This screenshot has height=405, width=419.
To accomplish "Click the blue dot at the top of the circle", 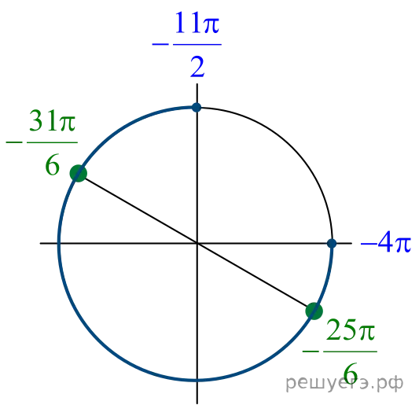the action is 197,108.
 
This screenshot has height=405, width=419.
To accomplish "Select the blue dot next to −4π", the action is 332,244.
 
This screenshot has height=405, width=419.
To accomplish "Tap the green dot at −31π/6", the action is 79,173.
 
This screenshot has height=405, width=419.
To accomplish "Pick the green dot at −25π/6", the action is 314,311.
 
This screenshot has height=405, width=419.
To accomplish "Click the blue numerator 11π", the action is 197,23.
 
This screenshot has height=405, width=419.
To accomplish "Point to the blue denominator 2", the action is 197,67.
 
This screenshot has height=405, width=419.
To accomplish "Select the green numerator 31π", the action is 53,120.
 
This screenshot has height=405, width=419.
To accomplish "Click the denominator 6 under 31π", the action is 52,165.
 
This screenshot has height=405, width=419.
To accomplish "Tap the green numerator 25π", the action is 351,329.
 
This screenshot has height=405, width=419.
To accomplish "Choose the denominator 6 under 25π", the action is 351,374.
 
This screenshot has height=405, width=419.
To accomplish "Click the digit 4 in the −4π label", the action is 386,243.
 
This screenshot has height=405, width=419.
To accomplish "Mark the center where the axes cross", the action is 197,243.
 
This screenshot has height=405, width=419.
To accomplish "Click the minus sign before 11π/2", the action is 160,44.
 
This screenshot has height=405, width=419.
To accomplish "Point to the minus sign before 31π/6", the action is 14,142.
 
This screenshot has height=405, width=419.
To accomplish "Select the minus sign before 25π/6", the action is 311,351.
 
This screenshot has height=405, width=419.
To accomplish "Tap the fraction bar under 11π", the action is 197,44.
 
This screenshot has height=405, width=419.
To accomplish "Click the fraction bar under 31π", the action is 53,142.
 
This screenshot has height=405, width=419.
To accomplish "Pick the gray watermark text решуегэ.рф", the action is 344,382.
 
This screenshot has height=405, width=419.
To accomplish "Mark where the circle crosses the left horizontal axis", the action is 59,243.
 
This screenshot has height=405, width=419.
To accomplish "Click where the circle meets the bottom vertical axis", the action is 197,380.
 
